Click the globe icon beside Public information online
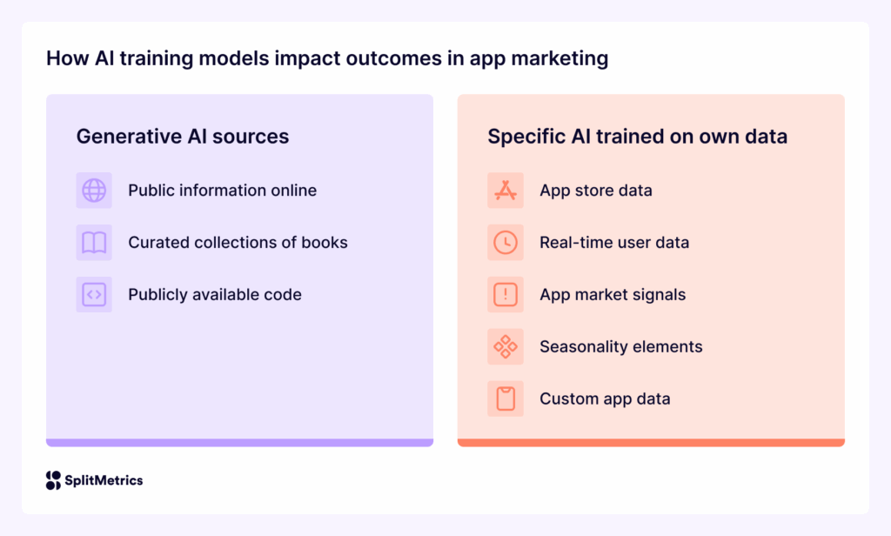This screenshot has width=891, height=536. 94,190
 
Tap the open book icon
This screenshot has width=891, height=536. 94,243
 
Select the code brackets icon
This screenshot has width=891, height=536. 94,295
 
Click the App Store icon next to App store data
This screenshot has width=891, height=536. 506,190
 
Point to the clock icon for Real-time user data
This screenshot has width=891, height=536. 506,243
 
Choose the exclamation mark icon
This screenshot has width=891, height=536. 506,295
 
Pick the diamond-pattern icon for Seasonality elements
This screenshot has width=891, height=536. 506,346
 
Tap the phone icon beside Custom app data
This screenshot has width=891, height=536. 506,399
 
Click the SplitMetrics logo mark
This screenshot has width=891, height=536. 53,480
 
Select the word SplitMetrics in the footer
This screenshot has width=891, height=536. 104,480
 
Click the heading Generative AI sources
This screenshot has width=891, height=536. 183,137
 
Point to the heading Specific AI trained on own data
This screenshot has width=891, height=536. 637,137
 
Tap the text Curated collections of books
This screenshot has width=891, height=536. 238,243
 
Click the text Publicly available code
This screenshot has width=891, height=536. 215,295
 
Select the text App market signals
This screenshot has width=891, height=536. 613,295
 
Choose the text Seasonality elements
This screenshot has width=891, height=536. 620,346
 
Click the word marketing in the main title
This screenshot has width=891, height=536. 565,59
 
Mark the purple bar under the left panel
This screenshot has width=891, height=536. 239,443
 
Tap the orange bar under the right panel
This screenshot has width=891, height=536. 651,443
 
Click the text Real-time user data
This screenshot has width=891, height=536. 614,243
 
